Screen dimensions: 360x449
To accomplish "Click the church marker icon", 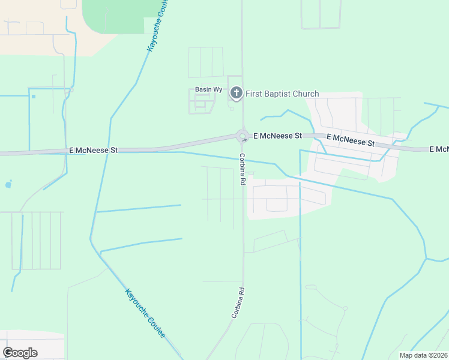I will pyautogui.click(x=237, y=93).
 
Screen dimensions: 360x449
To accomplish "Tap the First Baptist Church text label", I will pyautogui.click(x=282, y=94).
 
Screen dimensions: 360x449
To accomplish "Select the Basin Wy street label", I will pyautogui.click(x=209, y=89).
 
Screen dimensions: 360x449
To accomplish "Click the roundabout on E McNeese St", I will pyautogui.click(x=243, y=136).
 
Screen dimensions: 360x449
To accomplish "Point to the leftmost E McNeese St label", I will pyautogui.click(x=94, y=150).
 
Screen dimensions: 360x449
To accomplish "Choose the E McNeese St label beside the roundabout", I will pyautogui.click(x=277, y=136).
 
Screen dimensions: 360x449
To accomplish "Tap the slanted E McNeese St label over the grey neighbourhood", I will pyautogui.click(x=351, y=141).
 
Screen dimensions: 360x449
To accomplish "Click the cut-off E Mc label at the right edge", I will pyautogui.click(x=439, y=149).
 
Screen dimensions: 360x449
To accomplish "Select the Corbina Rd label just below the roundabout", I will pyautogui.click(x=243, y=169).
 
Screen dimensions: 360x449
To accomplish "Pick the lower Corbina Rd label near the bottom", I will pyautogui.click(x=239, y=302).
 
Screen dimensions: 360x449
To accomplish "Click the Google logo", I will pyautogui.click(x=20, y=353).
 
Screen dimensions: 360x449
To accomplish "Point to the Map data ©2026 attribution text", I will pyautogui.click(x=423, y=355).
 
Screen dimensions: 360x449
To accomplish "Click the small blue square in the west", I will pyautogui.click(x=34, y=96).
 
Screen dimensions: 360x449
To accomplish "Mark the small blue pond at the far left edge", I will pyautogui.click(x=8, y=185).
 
